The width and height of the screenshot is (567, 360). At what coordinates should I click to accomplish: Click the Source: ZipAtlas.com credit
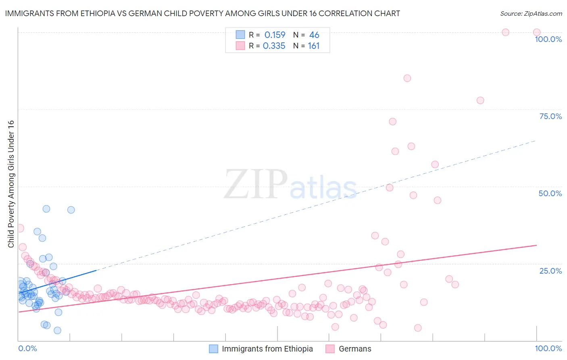tap(531, 13)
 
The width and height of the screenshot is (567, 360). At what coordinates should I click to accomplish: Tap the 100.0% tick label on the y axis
tap(548, 39)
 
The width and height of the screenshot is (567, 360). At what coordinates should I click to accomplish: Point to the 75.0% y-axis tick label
tap(550, 116)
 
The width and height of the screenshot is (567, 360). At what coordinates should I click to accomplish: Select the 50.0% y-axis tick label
tap(550, 193)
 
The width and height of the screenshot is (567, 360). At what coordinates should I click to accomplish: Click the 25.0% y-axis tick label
tap(550, 271)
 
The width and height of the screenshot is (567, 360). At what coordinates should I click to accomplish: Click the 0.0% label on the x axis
tap(27, 348)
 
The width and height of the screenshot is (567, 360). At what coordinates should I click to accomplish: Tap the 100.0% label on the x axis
tap(548, 348)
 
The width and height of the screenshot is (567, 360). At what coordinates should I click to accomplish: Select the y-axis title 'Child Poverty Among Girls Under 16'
tap(11, 184)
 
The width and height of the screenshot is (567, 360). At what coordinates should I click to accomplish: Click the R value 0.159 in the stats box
tap(275, 35)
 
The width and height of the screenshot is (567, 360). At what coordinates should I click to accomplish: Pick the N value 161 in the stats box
tap(313, 46)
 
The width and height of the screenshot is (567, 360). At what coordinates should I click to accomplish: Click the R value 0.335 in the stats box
tap(274, 46)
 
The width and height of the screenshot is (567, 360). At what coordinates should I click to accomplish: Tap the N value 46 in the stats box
tap(314, 35)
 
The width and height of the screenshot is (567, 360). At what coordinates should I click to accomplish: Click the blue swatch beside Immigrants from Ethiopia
tap(213, 349)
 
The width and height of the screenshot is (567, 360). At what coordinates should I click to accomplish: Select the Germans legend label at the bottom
tap(355, 349)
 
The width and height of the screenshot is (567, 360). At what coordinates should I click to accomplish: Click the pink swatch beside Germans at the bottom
tap(330, 349)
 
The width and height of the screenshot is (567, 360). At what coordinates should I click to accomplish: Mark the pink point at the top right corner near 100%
tap(537, 32)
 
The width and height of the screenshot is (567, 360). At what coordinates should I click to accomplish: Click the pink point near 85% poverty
tap(407, 78)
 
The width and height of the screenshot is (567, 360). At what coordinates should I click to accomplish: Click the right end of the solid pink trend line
tap(536, 245)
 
